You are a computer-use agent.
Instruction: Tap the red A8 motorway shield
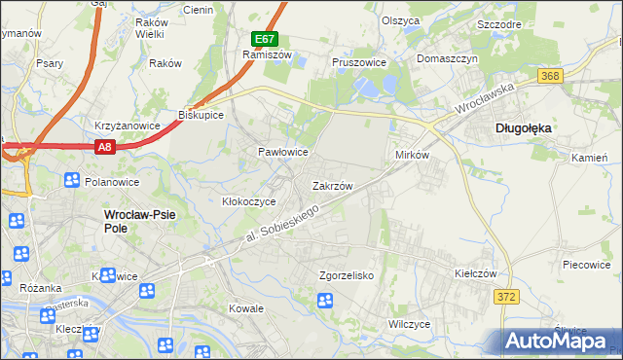(105, 146)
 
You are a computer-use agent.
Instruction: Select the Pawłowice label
(282, 153)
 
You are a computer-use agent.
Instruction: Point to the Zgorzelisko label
(347, 275)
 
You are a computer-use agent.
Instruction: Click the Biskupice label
(202, 115)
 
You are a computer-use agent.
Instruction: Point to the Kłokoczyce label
(249, 201)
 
